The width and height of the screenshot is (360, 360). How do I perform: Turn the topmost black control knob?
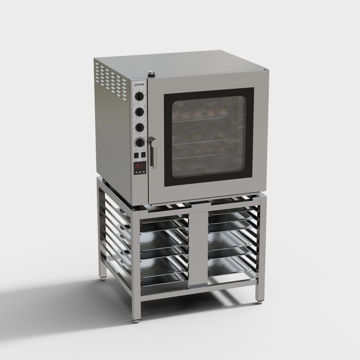[x=139, y=96]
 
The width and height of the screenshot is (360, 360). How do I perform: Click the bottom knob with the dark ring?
[x=140, y=143]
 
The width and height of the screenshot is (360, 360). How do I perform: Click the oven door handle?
[x=154, y=153]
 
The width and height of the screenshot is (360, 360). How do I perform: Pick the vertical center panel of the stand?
[x=198, y=248]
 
